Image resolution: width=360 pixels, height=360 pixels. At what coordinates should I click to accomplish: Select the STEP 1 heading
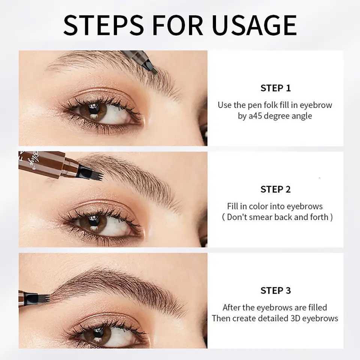(275, 88)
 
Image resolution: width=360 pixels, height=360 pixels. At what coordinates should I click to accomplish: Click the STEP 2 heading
(275, 189)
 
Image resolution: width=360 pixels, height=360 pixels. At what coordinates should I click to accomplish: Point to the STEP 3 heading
(275, 291)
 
